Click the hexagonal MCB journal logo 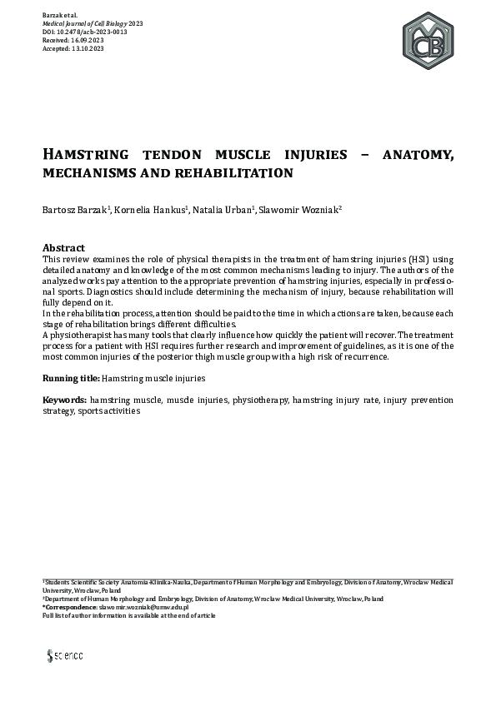pos(428,40)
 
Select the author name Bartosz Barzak pos(73,210)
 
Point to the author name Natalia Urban pos(223,210)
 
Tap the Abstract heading pos(63,248)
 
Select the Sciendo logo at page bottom pos(65,655)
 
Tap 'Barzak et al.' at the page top pos(60,16)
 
